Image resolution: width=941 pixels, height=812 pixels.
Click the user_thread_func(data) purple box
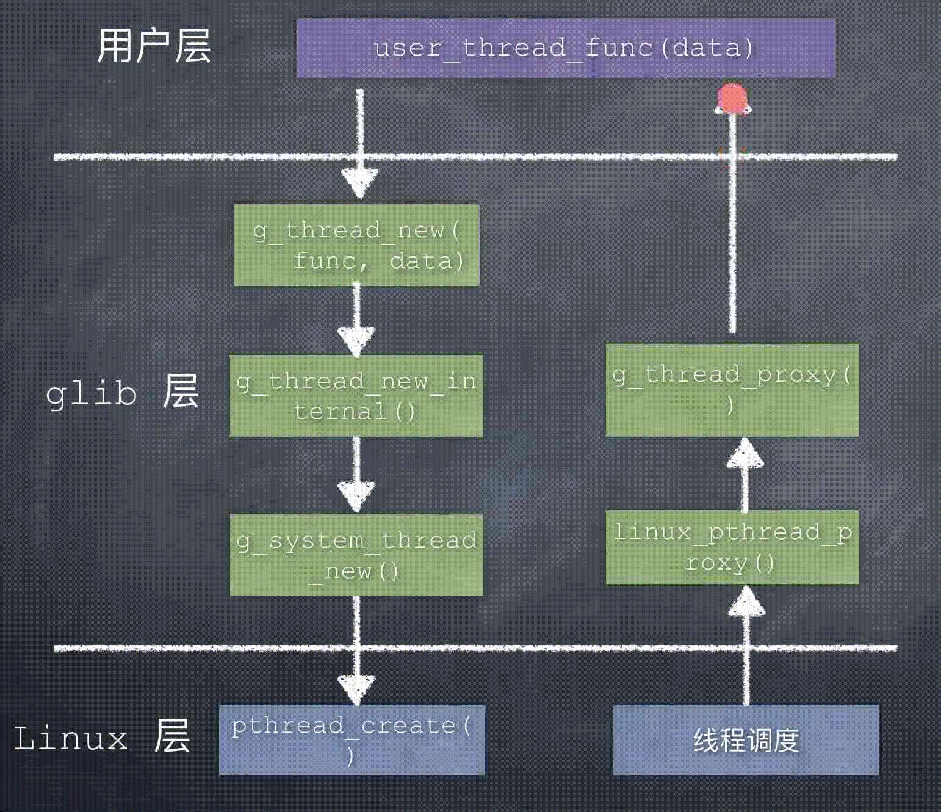click(x=566, y=48)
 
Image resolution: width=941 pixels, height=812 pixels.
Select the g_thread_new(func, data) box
click(x=356, y=245)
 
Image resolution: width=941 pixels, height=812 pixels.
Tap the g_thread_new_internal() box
click(x=356, y=396)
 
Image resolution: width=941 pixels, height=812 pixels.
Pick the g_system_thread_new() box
click(x=356, y=555)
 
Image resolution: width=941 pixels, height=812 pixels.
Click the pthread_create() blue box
click(x=352, y=740)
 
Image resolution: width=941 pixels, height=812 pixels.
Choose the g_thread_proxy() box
click(x=732, y=390)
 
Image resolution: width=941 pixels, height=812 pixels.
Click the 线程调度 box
click(x=746, y=740)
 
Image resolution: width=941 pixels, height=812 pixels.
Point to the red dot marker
click(x=732, y=99)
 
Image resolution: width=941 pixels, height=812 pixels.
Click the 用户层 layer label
click(x=154, y=46)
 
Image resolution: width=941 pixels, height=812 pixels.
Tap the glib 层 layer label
click(x=122, y=391)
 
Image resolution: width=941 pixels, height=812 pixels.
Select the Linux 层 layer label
click(x=101, y=737)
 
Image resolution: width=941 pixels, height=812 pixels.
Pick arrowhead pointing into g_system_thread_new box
click(x=356, y=495)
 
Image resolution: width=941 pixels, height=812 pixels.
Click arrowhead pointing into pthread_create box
click(x=356, y=689)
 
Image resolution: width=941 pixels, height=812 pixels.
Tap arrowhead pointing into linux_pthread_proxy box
click(x=746, y=601)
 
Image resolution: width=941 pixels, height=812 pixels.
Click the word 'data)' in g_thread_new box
click(x=427, y=261)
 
